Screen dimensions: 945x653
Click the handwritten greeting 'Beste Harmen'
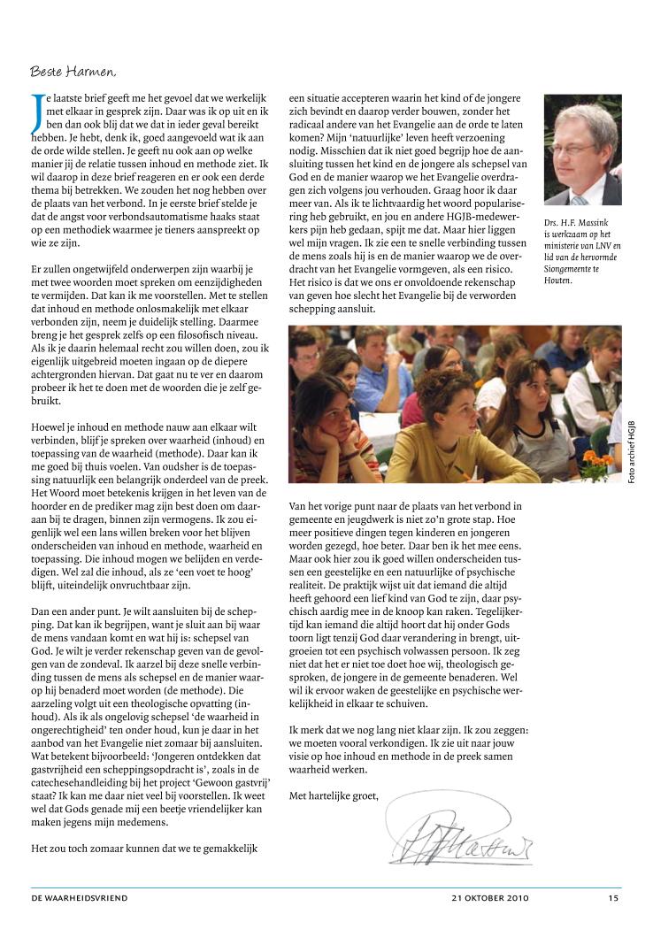(x=73, y=71)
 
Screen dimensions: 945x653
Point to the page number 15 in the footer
(x=613, y=898)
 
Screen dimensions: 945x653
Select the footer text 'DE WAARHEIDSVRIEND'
(x=80, y=898)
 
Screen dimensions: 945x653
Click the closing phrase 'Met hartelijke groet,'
(x=334, y=795)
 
